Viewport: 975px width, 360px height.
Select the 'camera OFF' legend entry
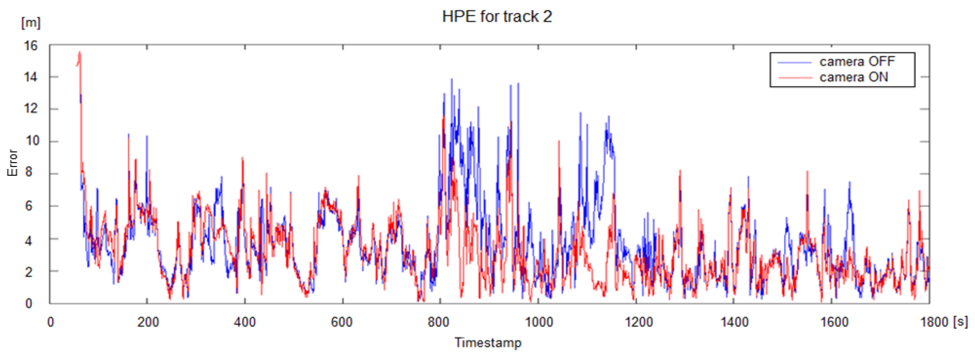click(857, 61)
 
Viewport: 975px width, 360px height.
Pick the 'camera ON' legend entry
click(853, 77)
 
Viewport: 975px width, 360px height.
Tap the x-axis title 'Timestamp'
click(488, 342)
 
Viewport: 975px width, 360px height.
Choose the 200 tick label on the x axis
click(148, 322)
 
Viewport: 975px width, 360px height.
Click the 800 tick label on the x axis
click(439, 322)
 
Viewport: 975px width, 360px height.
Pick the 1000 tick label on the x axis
click(538, 322)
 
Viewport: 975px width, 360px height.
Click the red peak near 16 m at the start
click(80, 52)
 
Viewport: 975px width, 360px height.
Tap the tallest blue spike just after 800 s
click(451, 80)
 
